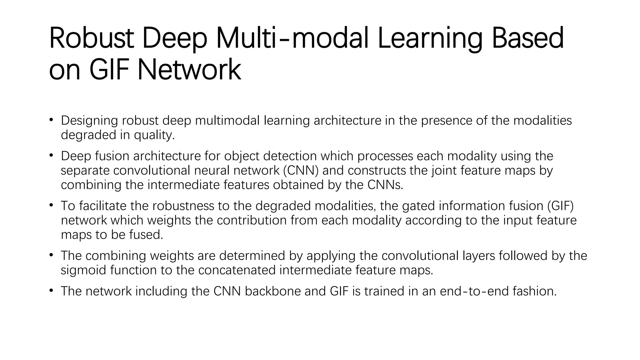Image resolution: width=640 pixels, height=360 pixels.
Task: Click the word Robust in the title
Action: click(92, 38)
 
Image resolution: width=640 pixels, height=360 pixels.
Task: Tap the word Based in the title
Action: click(527, 38)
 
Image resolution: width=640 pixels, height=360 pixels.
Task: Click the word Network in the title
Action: click(189, 70)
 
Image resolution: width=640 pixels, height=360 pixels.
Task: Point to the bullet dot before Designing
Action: click(51, 120)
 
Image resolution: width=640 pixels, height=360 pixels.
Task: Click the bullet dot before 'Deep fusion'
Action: click(51, 156)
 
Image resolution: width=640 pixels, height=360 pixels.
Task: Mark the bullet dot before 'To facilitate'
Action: click(51, 206)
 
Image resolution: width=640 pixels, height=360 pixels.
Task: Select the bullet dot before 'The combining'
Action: click(51, 255)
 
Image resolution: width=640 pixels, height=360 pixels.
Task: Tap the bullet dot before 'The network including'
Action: click(51, 291)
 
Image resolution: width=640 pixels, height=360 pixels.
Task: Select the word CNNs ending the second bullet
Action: click(385, 185)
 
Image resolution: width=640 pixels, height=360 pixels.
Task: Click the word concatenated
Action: click(237, 270)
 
